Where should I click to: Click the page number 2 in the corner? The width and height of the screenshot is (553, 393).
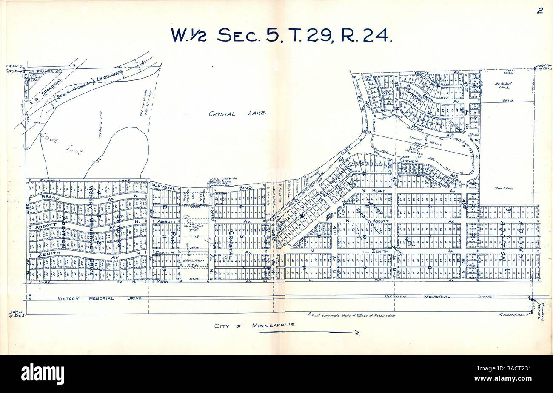(x=539, y=11)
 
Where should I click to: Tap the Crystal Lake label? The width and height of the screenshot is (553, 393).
(x=237, y=113)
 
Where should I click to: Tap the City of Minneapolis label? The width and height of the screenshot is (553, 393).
(x=254, y=326)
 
